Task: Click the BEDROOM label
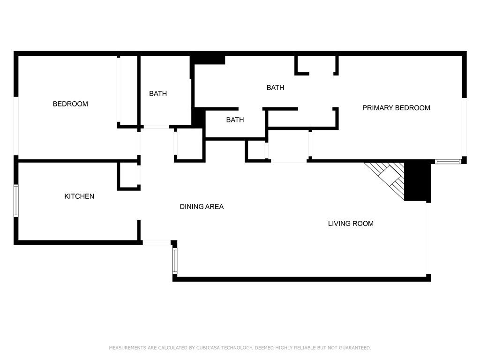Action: coord(70,104)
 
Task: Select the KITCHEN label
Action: coord(79,196)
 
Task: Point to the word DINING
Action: coord(190,207)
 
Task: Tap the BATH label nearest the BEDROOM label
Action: coord(158,93)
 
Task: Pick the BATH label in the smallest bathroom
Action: coord(235,120)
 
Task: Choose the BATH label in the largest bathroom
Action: coord(276,88)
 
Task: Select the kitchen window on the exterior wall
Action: coord(16,201)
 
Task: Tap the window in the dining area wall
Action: coord(175,261)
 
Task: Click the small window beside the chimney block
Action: coord(448,161)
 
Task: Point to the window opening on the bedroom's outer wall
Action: coord(16,126)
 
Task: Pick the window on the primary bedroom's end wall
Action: coord(464,127)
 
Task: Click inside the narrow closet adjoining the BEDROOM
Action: coord(128,90)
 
